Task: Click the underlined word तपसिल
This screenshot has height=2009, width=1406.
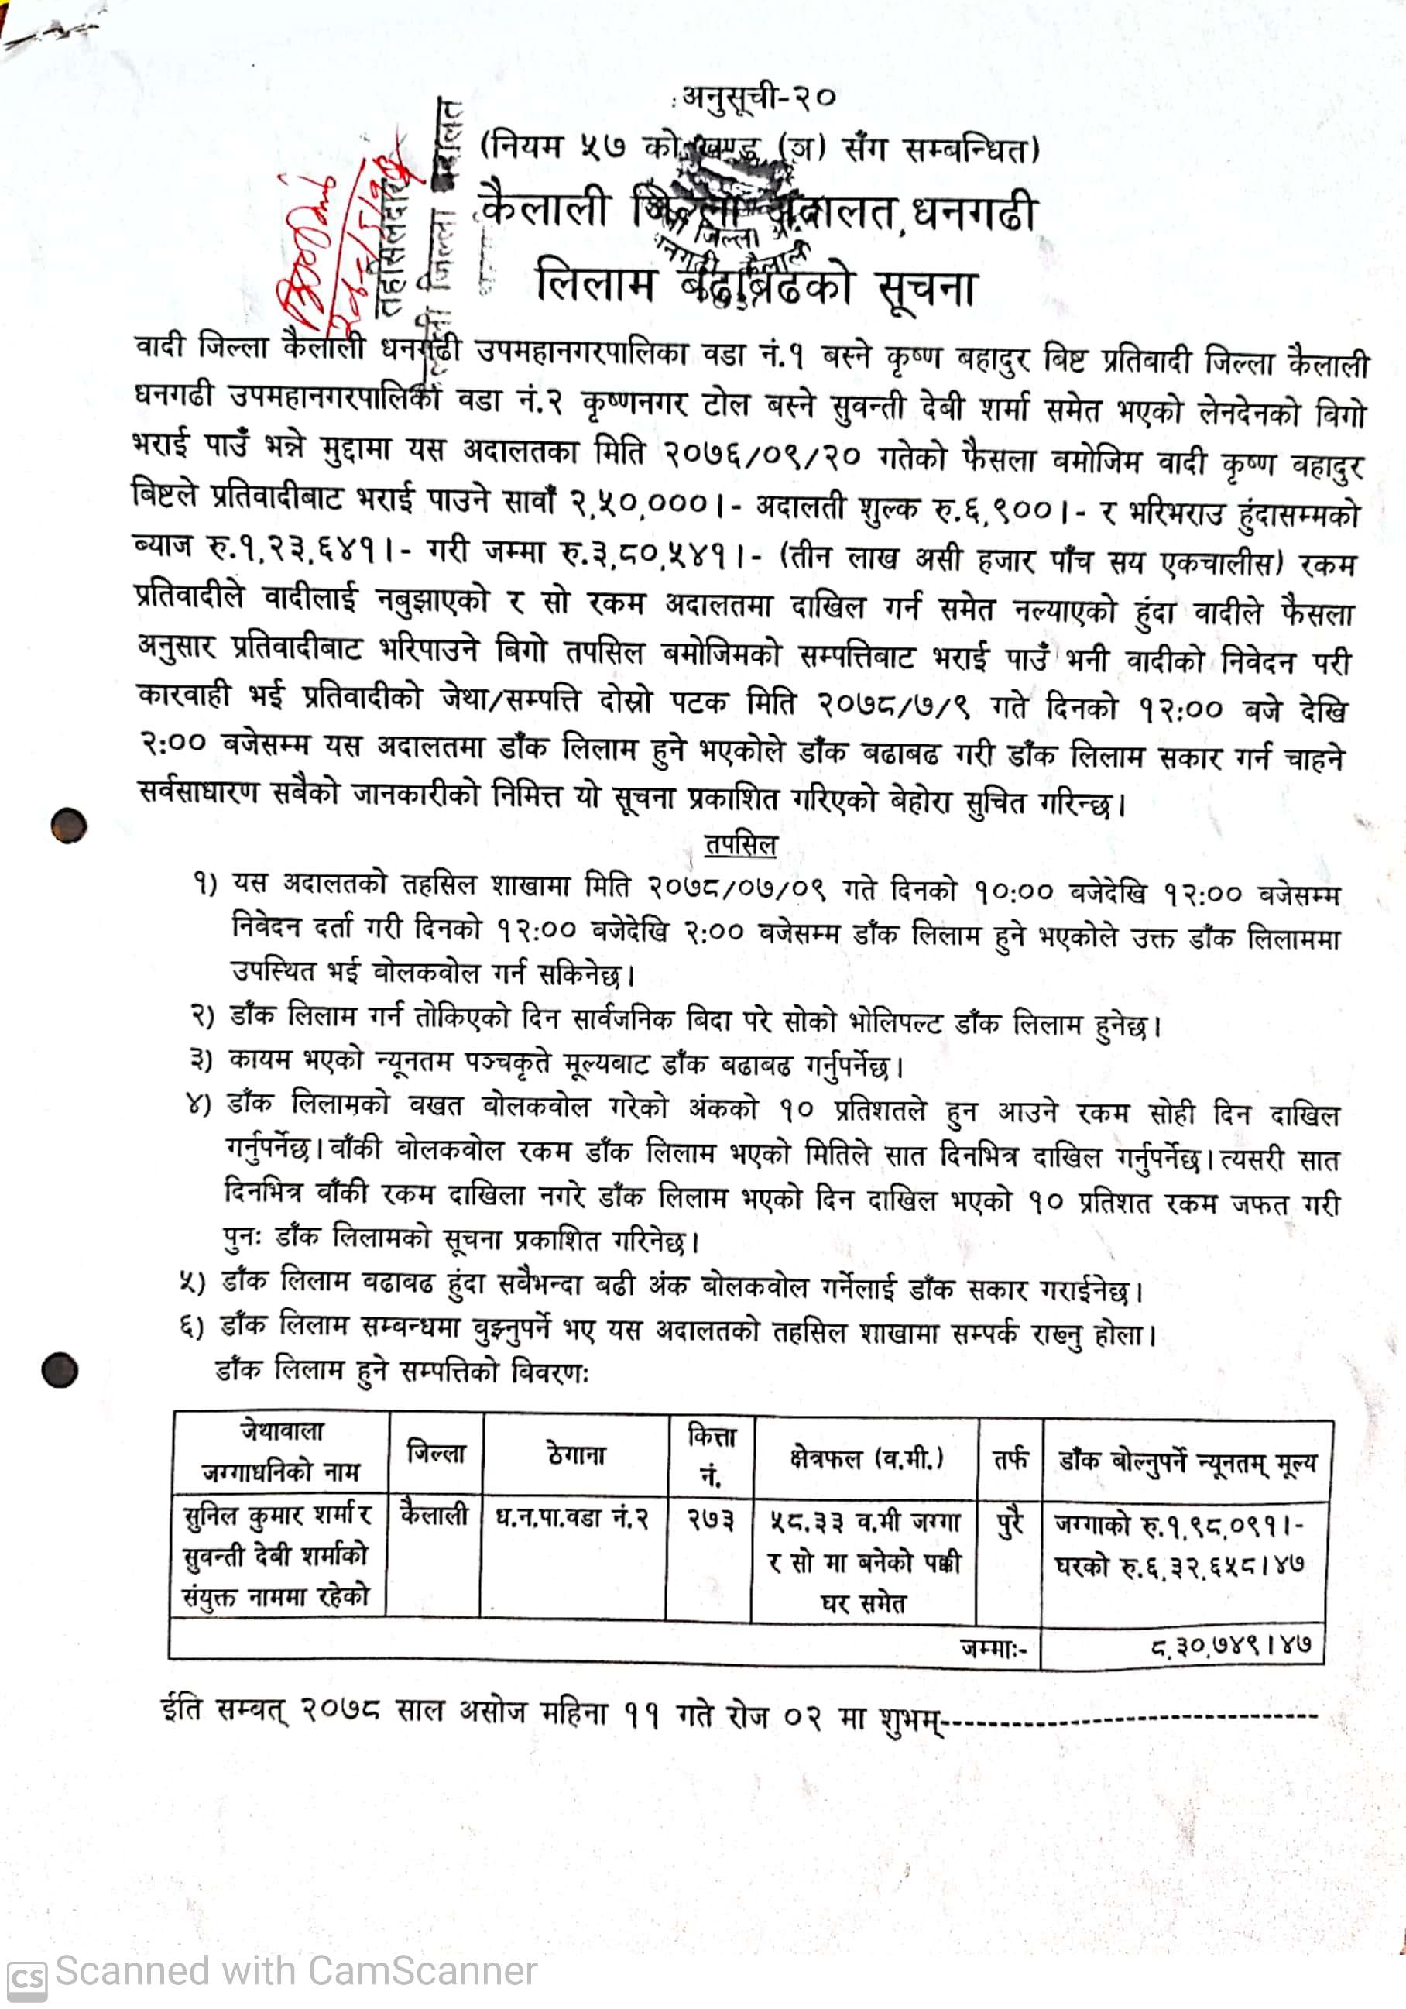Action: (x=740, y=844)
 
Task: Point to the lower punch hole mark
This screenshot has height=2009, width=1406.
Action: (x=60, y=1369)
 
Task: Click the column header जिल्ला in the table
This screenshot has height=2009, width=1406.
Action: (x=436, y=1454)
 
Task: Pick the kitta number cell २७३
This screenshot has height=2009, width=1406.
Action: (x=709, y=1518)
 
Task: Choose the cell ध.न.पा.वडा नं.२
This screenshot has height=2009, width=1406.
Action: (x=573, y=1516)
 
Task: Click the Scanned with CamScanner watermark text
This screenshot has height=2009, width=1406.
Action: (x=296, y=1970)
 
